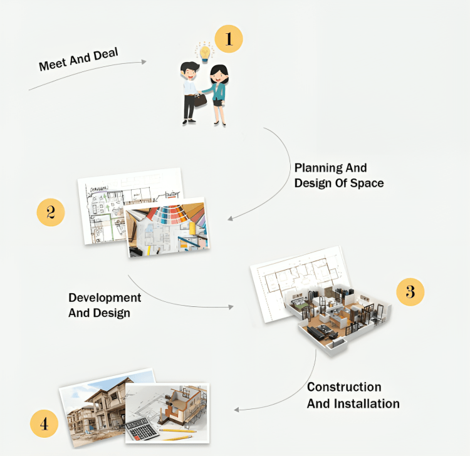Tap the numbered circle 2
click(51, 212)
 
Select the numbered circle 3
click(410, 291)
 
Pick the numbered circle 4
click(44, 424)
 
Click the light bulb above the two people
click(204, 52)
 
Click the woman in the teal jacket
click(218, 94)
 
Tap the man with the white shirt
click(189, 91)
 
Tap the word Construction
click(344, 387)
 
